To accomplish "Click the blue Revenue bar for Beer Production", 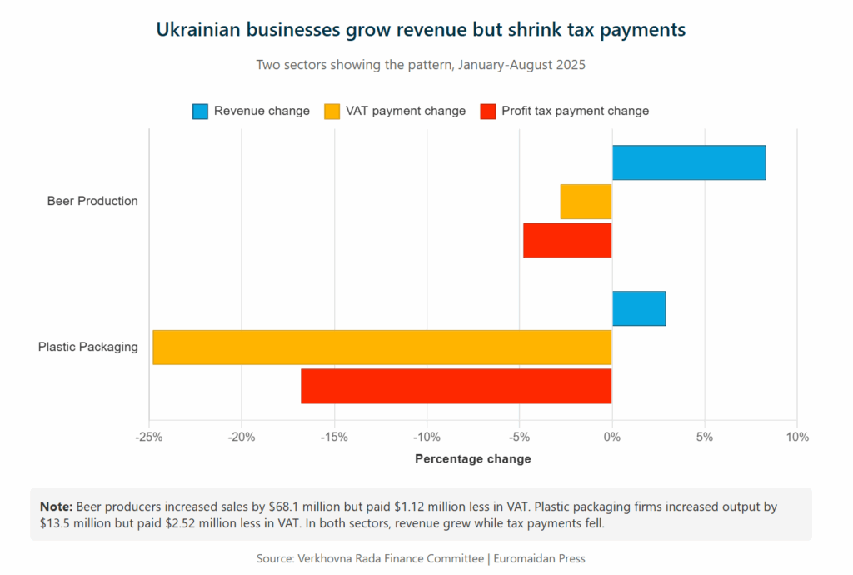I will click(689, 162).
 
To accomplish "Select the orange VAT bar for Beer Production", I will click(586, 202).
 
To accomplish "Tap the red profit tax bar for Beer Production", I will click(567, 240).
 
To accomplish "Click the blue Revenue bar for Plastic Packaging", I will click(639, 308).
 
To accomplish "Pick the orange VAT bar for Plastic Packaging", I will click(382, 347).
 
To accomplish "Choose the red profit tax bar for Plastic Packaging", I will click(456, 386).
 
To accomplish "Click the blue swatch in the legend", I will click(200, 111).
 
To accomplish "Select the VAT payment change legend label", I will click(406, 111).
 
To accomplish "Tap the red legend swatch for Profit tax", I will click(488, 111).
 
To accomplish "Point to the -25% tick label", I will click(149, 437).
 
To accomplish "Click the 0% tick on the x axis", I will click(612, 437).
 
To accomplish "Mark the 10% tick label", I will click(797, 437).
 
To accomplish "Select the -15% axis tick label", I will click(334, 437).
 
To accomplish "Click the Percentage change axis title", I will click(472, 458).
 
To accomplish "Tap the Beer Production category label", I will click(92, 201).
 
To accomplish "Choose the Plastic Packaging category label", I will click(88, 347).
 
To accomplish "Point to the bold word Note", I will click(56, 507).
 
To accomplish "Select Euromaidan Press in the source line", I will click(540, 558).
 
